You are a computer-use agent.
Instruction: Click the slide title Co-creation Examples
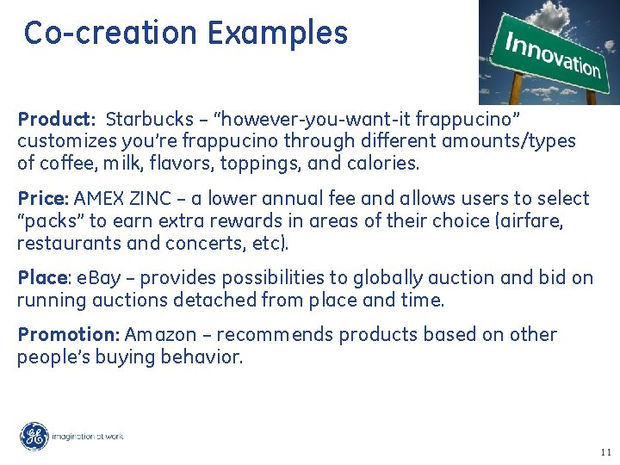pyautogui.click(x=185, y=33)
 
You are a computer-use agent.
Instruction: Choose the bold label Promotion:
pyautogui.click(x=69, y=334)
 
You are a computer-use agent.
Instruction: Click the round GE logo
pyautogui.click(x=34, y=437)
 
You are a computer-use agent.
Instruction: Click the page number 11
pyautogui.click(x=604, y=452)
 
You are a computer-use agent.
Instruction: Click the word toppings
pyautogui.click(x=261, y=163)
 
